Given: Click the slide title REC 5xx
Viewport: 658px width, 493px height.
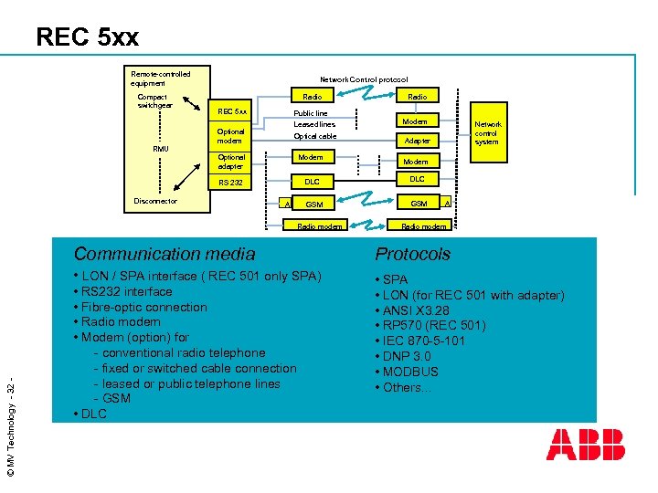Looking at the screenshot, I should click(x=88, y=37).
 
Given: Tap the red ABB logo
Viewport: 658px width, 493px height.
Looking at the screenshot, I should click(x=585, y=445).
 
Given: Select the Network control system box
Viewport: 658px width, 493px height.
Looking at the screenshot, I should click(x=487, y=133).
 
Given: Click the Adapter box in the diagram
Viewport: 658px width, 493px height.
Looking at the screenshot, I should click(x=417, y=141).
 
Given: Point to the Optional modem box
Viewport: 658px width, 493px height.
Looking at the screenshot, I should click(x=230, y=136).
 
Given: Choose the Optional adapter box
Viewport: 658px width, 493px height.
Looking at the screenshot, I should click(x=231, y=162).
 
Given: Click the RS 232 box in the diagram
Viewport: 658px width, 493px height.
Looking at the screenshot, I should click(x=230, y=183).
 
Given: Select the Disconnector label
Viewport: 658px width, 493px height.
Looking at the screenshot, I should click(x=155, y=201).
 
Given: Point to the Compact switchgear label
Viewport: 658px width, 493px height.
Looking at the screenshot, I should click(x=153, y=100).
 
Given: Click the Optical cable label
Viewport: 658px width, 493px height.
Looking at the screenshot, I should click(x=315, y=136).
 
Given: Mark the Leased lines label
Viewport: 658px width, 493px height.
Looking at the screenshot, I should click(x=314, y=124).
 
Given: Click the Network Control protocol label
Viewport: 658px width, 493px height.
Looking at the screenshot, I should click(x=364, y=79).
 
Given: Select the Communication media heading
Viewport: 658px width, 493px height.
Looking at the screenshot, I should click(x=164, y=254).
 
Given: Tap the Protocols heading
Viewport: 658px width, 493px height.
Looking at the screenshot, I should click(x=413, y=254).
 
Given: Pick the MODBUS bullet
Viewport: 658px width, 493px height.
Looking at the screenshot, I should click(x=410, y=372).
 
